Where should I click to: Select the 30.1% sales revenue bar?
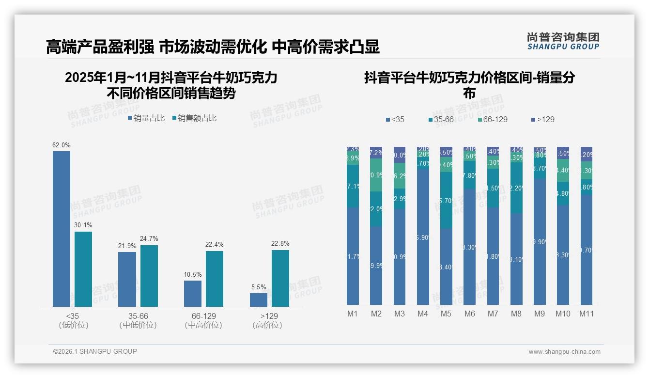pos(83,269)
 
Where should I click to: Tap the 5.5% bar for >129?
pos(259,299)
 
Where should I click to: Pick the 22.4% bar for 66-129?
pos(215,279)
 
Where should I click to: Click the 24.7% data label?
pos(149,238)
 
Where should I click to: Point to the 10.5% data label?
pos(193,274)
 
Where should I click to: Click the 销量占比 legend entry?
pos(146,118)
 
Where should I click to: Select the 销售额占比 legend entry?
pos(194,118)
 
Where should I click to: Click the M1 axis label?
pos(353,314)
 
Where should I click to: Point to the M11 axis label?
pos(587,314)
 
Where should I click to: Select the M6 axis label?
pos(469,314)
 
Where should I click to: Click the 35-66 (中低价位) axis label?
pos(138,320)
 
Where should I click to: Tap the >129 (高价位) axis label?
pos(267,320)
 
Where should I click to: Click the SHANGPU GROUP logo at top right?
pos(563,41)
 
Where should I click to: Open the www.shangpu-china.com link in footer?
pos(564,352)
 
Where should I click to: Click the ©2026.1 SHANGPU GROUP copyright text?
pos(95,351)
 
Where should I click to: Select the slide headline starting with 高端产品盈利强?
pos(213,47)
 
